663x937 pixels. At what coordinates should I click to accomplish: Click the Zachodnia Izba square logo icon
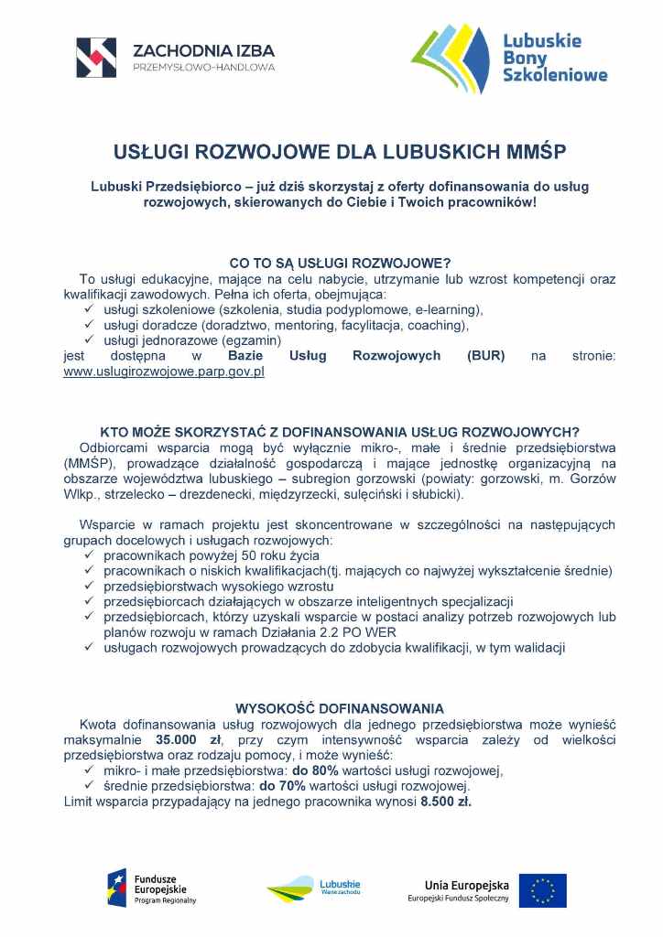(x=96, y=57)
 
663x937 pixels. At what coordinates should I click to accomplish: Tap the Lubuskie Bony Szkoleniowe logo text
(x=555, y=58)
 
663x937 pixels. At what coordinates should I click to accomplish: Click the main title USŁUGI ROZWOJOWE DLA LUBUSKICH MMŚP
(x=340, y=150)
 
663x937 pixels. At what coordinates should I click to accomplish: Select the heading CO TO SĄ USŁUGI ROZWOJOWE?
(x=340, y=263)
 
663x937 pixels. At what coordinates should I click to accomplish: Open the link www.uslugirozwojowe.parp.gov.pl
(x=164, y=372)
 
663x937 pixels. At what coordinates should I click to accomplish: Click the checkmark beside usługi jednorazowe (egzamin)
(x=90, y=339)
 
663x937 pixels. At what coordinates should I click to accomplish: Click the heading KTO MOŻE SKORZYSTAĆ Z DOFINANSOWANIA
(x=340, y=432)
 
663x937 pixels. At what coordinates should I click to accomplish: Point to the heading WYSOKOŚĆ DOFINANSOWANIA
(x=340, y=708)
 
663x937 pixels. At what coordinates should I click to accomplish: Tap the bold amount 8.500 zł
(x=445, y=802)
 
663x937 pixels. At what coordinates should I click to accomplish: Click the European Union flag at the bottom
(x=542, y=890)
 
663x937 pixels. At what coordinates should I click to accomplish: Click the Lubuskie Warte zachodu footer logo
(x=313, y=889)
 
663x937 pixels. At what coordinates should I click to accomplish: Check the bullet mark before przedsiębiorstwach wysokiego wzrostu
(x=90, y=586)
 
